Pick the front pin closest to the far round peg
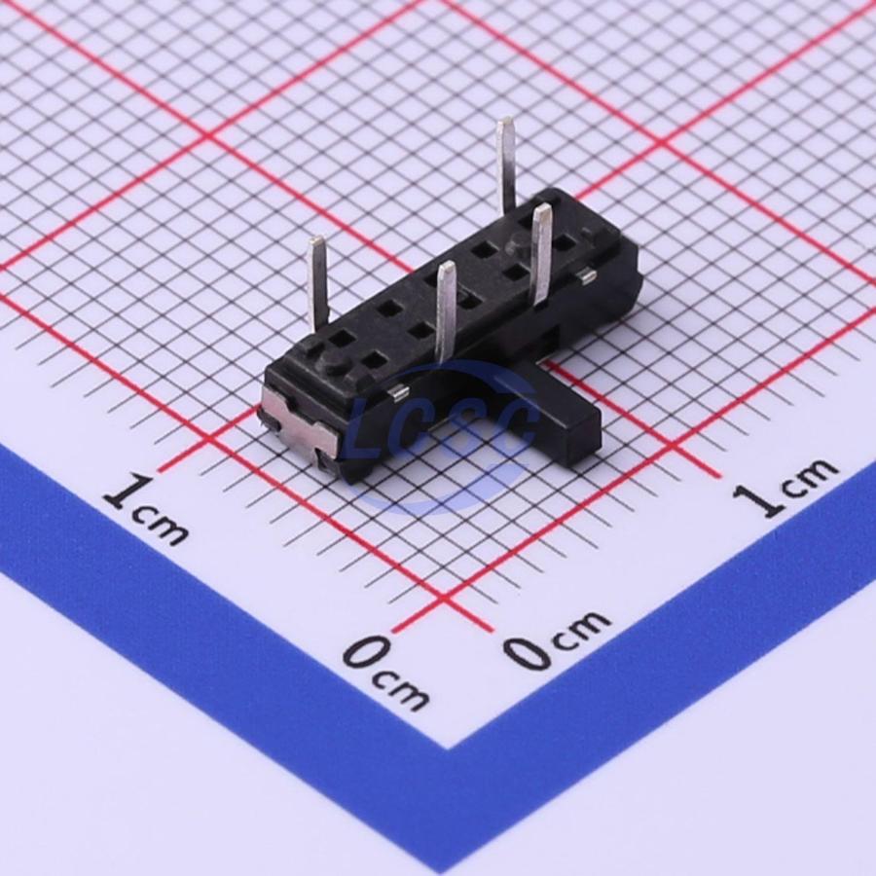pyautogui.click(x=542, y=254)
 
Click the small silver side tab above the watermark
pyautogui.click(x=398, y=393)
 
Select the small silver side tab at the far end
pyautogui.click(x=586, y=274)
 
